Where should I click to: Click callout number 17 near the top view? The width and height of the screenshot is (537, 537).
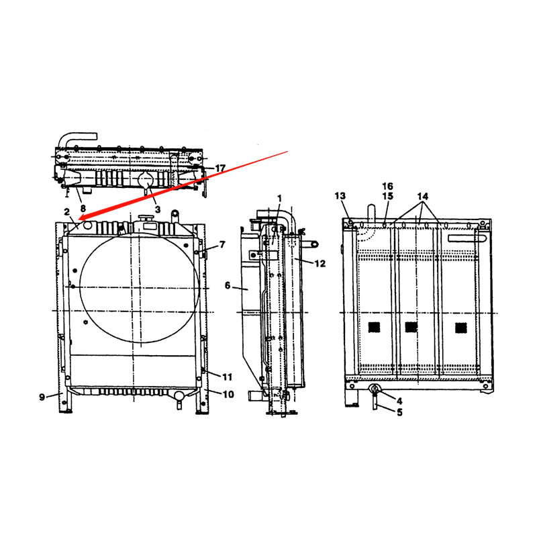click(x=220, y=168)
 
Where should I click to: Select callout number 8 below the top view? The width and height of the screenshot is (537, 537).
click(x=83, y=199)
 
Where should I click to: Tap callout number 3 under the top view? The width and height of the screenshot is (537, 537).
click(x=157, y=209)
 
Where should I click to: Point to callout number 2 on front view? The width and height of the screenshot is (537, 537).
click(x=67, y=212)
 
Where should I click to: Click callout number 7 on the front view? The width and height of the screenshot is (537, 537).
click(x=222, y=244)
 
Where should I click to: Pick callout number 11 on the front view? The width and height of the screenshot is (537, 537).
click(x=227, y=377)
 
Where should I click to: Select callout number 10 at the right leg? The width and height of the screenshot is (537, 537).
click(x=228, y=394)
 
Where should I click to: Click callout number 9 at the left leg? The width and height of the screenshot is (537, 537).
click(x=42, y=397)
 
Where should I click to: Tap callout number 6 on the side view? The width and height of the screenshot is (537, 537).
click(x=228, y=285)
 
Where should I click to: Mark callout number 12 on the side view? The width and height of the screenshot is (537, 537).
click(x=320, y=262)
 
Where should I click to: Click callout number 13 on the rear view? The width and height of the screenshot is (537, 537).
click(x=340, y=195)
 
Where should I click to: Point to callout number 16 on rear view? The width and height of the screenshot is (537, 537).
click(x=387, y=186)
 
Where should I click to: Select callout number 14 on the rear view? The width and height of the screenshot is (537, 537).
click(x=422, y=196)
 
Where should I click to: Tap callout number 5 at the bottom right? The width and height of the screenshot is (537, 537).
click(x=399, y=412)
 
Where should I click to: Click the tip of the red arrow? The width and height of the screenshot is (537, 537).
click(x=79, y=219)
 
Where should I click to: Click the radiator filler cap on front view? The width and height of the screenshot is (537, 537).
click(x=145, y=219)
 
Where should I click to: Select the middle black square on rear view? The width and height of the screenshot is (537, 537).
click(x=411, y=327)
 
